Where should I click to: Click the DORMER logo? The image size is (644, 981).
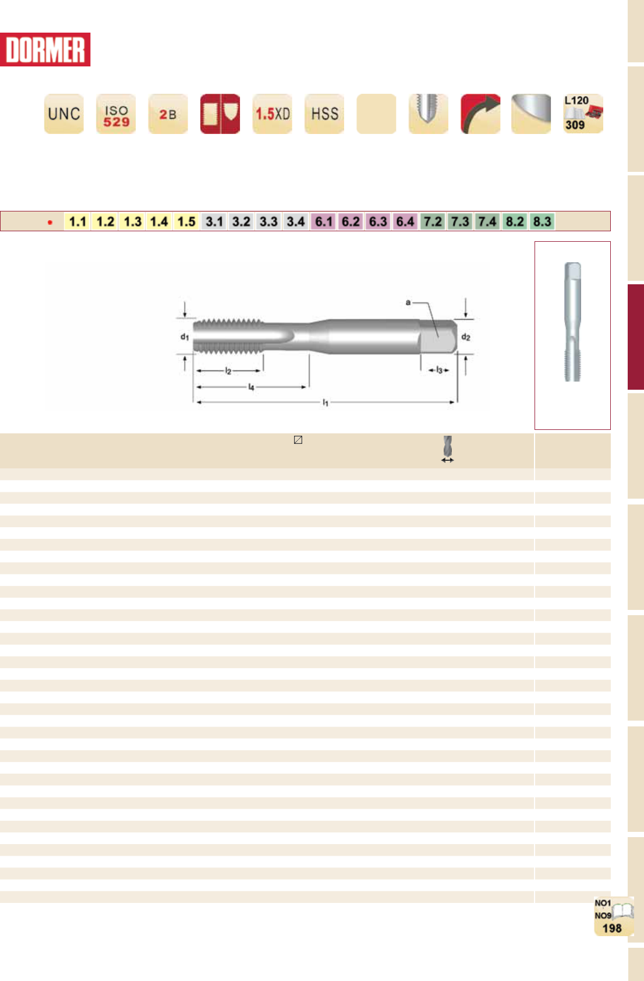[x=45, y=50]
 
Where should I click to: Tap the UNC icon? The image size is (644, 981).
[x=64, y=114]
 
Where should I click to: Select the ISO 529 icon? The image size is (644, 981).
[x=116, y=114]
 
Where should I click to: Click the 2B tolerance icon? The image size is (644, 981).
[x=168, y=114]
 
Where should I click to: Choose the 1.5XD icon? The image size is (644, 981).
[x=273, y=114]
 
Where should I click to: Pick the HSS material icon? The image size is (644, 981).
[x=324, y=114]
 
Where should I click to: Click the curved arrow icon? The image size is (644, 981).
[x=481, y=114]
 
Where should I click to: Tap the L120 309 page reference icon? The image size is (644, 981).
[x=583, y=114]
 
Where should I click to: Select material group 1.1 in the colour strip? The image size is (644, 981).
[x=78, y=221]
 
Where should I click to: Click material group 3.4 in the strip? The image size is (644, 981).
[x=296, y=221]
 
